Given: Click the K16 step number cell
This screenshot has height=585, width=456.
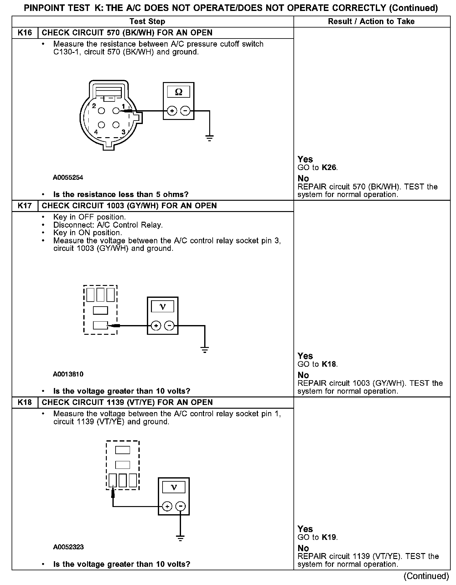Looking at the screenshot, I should coord(25,33).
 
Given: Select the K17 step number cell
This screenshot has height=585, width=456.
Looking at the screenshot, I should coord(25,206).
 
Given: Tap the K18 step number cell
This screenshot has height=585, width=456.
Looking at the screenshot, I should coord(25,402).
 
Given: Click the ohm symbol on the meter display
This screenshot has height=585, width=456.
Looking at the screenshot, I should coord(179,92).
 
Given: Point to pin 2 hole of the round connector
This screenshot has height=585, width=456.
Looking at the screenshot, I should coord(101,111).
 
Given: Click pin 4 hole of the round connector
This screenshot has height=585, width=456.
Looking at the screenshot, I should coord(101,125).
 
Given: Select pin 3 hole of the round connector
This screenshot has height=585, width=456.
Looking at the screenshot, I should coord(116,125).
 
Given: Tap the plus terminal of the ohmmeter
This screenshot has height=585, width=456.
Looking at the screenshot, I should coord(172,111).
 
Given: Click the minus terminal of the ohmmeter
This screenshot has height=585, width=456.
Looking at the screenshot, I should coord(185,111).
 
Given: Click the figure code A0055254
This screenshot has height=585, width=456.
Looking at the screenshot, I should coord(68,178).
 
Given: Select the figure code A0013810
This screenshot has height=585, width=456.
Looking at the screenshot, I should coord(68,374).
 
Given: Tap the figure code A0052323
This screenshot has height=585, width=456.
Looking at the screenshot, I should coord(68,547).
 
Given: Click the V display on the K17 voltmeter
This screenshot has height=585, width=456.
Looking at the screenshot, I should coord(163,306).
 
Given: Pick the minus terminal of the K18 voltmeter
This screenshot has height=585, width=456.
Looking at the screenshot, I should coord(180,506).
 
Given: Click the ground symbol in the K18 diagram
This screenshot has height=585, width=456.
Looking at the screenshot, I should coord(180,538).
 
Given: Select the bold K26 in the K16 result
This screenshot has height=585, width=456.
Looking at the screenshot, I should coord(329,168).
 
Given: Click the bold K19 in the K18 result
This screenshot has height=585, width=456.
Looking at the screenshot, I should coord(329,537).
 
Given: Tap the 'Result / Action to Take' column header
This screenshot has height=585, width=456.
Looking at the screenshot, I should coord(371,21).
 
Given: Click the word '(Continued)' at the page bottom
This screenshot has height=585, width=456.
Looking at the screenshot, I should coord(426,576).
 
